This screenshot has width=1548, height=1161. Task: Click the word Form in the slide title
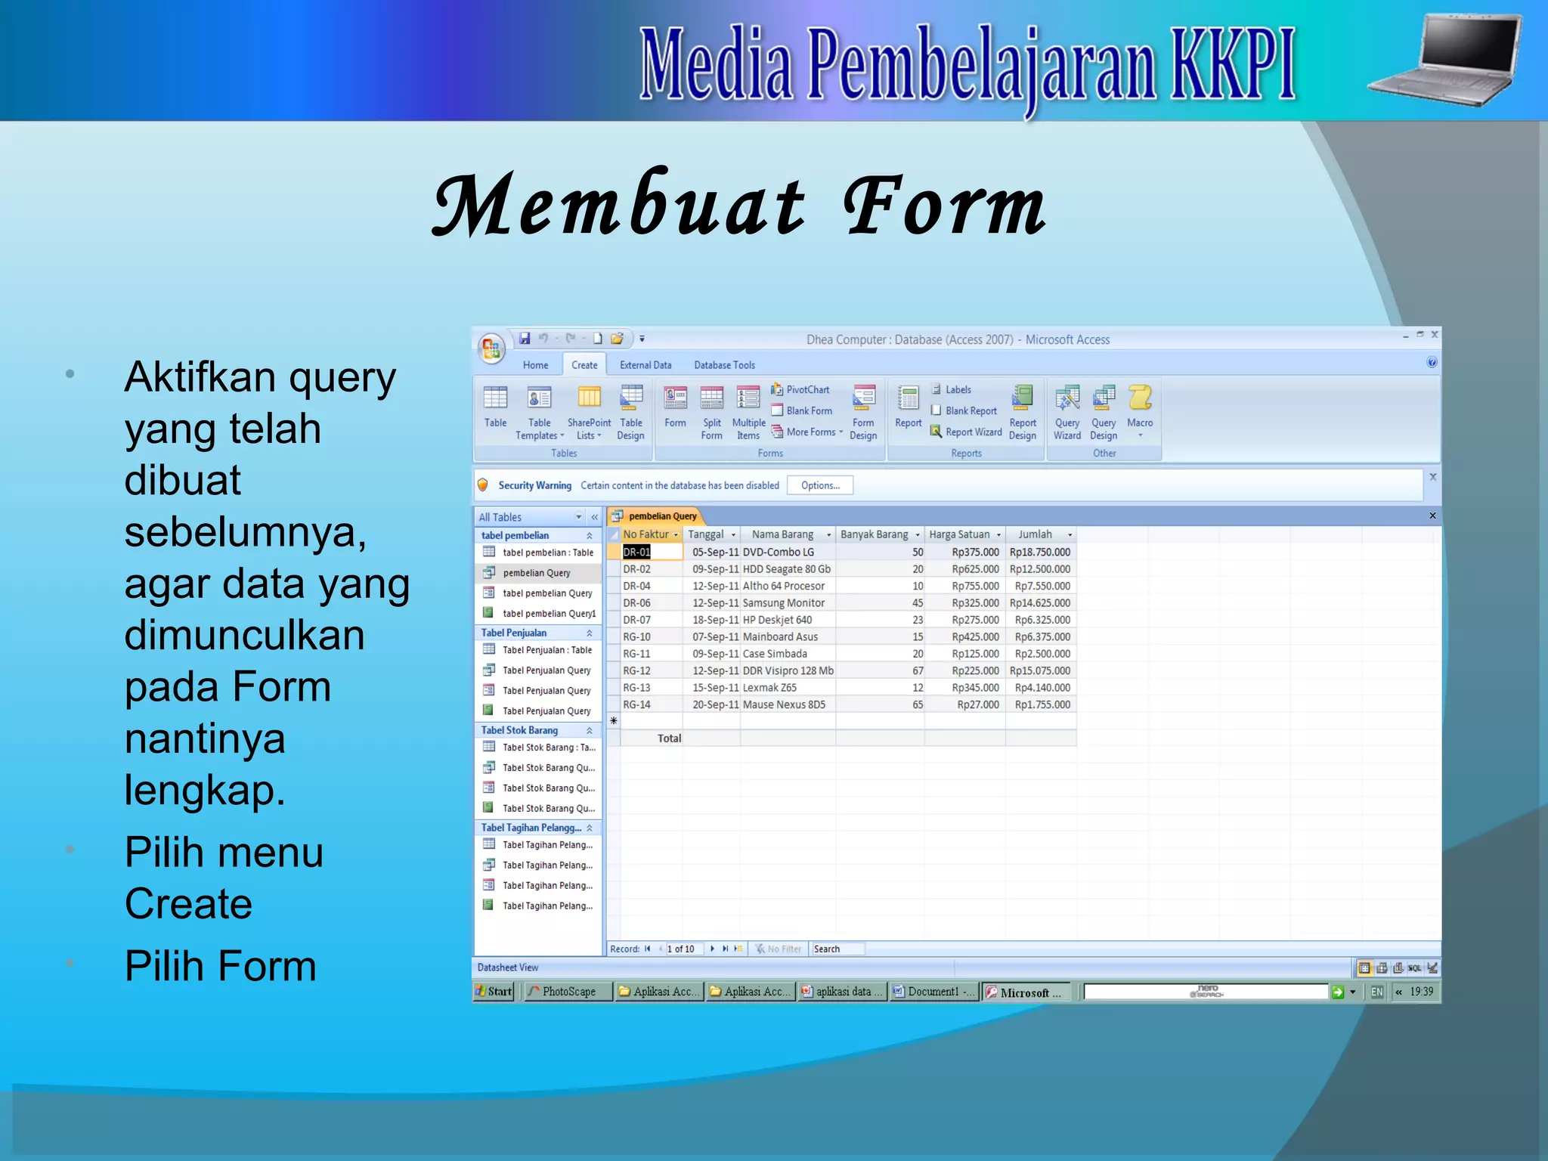pyautogui.click(x=944, y=206)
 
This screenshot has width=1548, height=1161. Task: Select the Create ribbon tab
pyautogui.click(x=584, y=365)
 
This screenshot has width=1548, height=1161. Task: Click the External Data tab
pyautogui.click(x=646, y=365)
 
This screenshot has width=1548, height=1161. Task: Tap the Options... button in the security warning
pyautogui.click(x=820, y=485)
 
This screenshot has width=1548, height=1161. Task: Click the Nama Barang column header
pyautogui.click(x=782, y=534)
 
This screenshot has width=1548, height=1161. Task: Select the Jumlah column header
pyautogui.click(x=1035, y=534)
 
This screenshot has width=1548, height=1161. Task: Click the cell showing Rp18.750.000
pyautogui.click(x=1040, y=553)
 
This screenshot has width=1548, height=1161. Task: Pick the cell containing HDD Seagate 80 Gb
pyautogui.click(x=786, y=569)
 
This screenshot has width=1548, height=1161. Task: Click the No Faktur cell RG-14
pyautogui.click(x=637, y=704)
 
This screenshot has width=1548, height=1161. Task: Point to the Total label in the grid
pyautogui.click(x=669, y=738)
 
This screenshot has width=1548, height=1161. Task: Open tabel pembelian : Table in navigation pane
pyautogui.click(x=547, y=553)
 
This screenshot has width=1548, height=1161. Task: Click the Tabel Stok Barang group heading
pyautogui.click(x=520, y=730)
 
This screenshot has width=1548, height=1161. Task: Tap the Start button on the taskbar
pyautogui.click(x=494, y=992)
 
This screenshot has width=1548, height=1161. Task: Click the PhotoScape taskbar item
pyautogui.click(x=568, y=992)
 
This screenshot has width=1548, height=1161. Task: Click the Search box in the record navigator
pyautogui.click(x=837, y=949)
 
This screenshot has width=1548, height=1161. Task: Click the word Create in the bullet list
pyautogui.click(x=188, y=904)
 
